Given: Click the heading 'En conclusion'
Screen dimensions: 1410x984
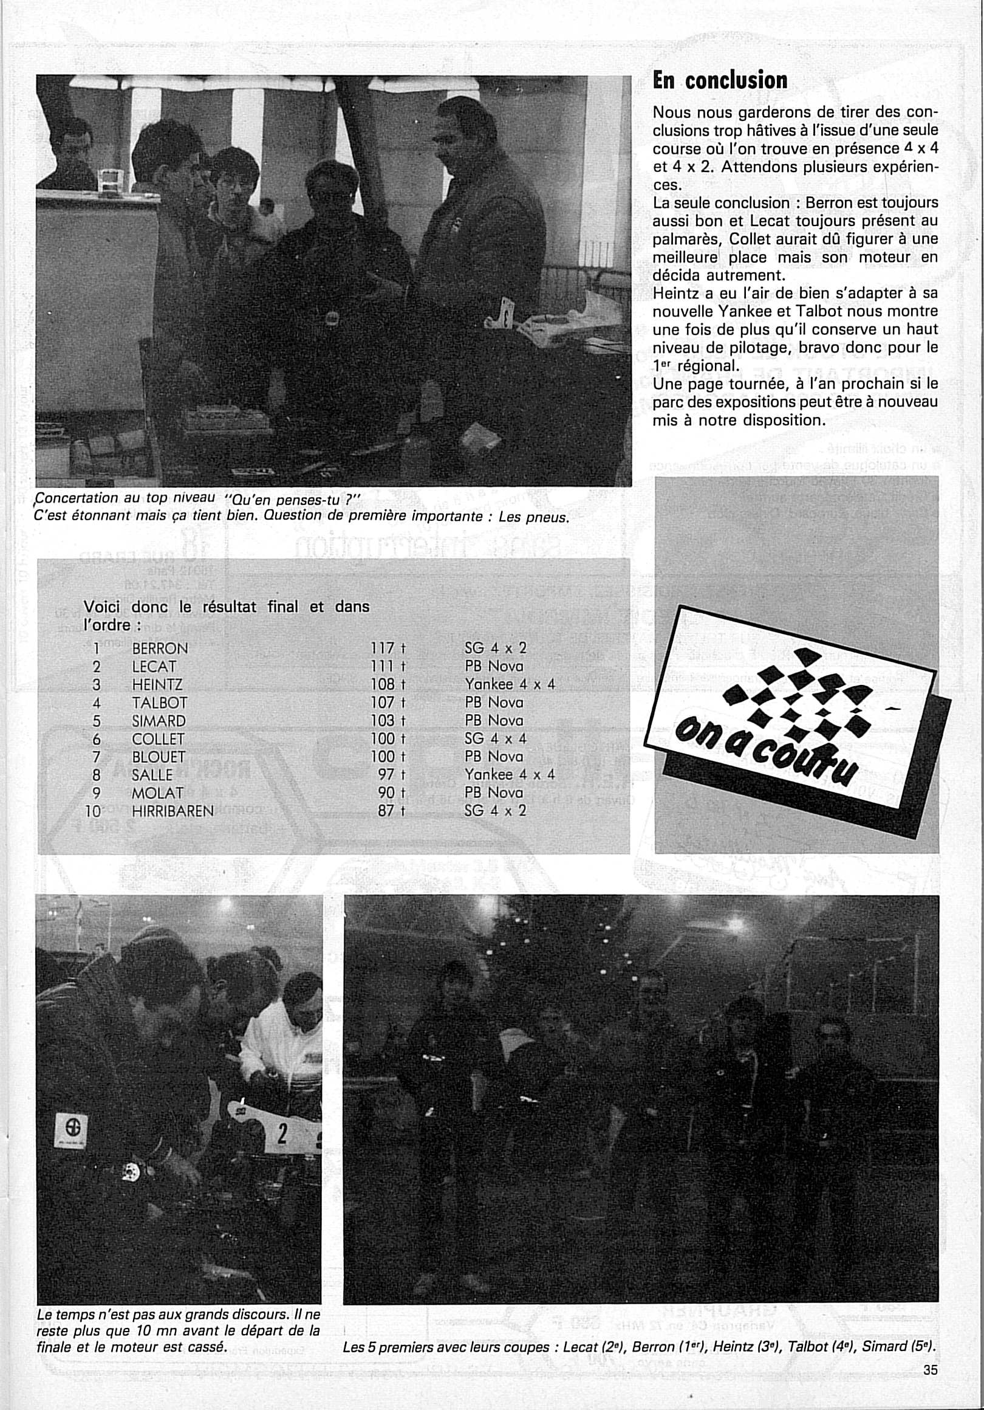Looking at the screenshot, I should pyautogui.click(x=719, y=80).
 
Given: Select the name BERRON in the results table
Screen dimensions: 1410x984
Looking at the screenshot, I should pyautogui.click(x=160, y=648).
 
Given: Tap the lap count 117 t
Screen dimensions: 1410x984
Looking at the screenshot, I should pyautogui.click(x=389, y=648).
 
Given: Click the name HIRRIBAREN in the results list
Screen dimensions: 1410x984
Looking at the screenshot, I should pyautogui.click(x=173, y=811).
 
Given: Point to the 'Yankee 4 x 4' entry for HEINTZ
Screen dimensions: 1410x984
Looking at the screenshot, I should pyautogui.click(x=510, y=684).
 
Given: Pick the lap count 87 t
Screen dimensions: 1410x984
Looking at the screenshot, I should pyautogui.click(x=392, y=811).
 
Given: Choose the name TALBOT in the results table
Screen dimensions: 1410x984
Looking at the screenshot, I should pyautogui.click(x=159, y=703).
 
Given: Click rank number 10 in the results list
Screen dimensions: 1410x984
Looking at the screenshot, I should pyautogui.click(x=93, y=811).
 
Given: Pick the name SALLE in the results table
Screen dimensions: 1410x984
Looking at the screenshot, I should pyautogui.click(x=152, y=774).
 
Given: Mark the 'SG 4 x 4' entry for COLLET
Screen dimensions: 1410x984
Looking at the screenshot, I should pyautogui.click(x=496, y=738).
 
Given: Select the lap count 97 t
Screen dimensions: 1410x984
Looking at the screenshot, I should pyautogui.click(x=392, y=774).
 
